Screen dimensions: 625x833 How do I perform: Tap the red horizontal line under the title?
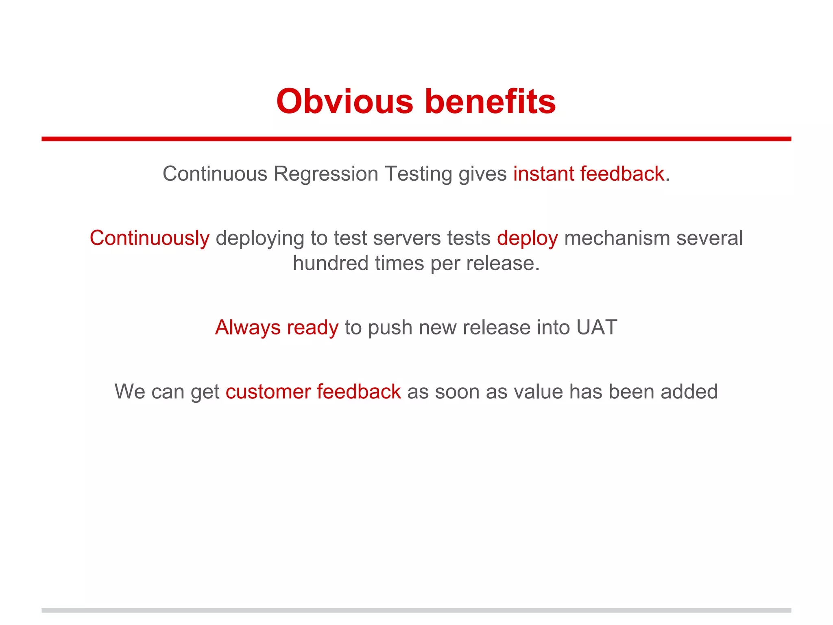(416, 139)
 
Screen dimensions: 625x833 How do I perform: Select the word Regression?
(326, 174)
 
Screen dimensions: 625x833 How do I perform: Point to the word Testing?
(419, 174)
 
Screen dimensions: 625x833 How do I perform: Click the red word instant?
(543, 174)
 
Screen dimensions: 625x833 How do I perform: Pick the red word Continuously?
(149, 238)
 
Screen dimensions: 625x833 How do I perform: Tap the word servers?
(407, 238)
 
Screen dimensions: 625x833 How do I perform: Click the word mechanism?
(617, 238)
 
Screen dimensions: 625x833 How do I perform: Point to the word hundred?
(330, 263)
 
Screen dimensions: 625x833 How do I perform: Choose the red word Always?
(248, 328)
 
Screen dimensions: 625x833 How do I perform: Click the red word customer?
(268, 391)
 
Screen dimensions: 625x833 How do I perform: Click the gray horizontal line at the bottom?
(416, 610)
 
